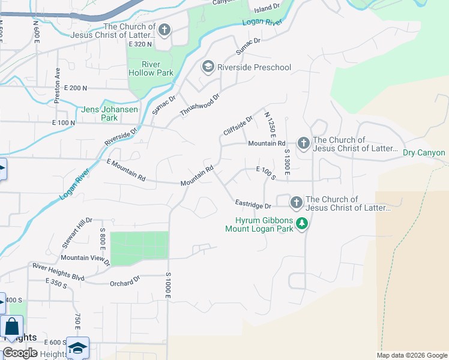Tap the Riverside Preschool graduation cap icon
208,67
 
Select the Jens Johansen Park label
109,113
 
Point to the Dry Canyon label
424,152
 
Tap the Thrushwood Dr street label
200,104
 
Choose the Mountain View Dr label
85,259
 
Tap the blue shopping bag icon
11,328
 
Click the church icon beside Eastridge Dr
296,203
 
